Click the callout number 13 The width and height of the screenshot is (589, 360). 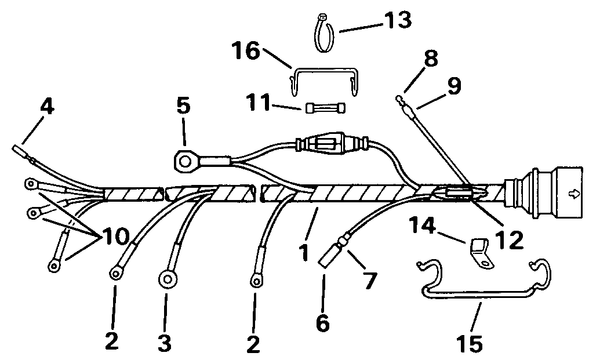tap(395, 21)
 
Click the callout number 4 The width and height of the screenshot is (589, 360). tap(48, 108)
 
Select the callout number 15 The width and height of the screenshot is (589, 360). tap(468, 344)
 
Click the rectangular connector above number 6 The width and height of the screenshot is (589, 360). tap(327, 254)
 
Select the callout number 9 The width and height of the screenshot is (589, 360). tap(453, 86)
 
